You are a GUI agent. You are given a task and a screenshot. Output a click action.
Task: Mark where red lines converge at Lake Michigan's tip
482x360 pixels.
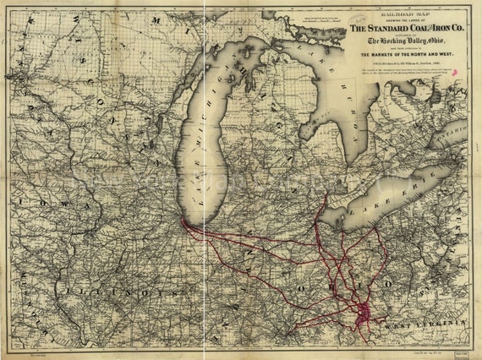[183, 223]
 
